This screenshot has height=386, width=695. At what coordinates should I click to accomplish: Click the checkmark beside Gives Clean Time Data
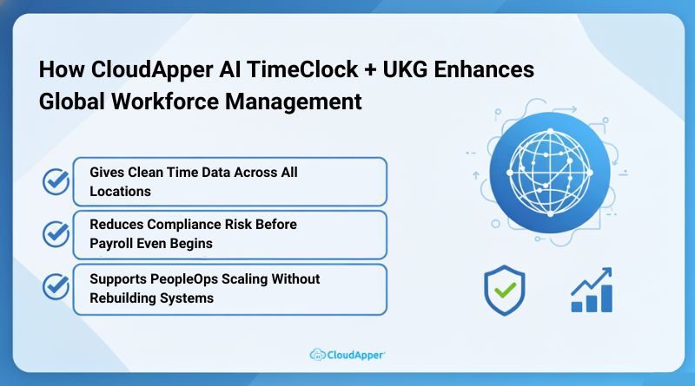coord(56,182)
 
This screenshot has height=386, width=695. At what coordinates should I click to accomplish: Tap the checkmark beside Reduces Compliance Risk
coord(56,233)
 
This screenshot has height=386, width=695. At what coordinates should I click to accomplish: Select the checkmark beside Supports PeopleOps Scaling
coord(56,286)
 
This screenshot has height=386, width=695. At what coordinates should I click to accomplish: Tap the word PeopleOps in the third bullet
coord(184,278)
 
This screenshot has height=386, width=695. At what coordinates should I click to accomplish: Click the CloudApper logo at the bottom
coord(347,354)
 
